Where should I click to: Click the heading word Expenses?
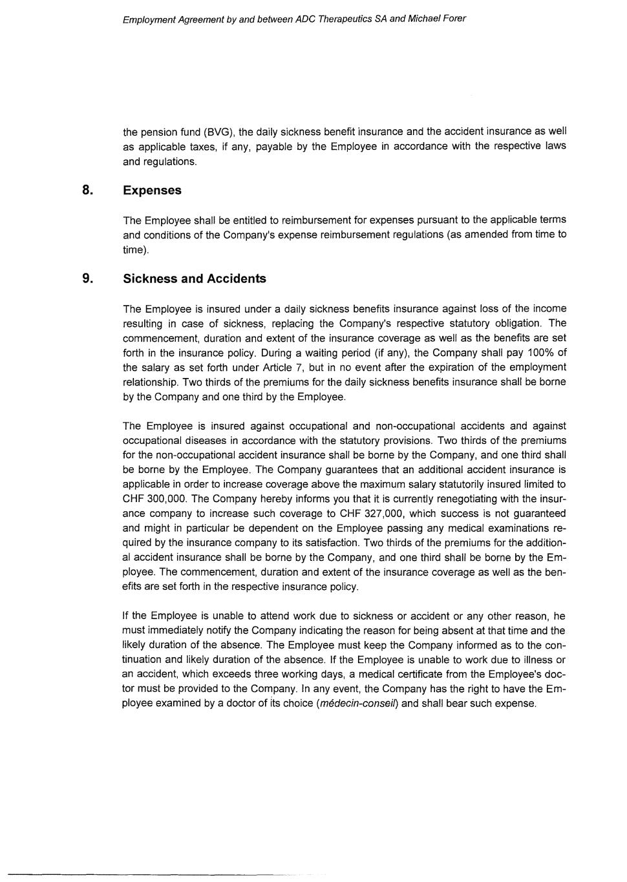click(x=152, y=191)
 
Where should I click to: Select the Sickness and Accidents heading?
click(x=194, y=279)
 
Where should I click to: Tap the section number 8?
click(x=87, y=190)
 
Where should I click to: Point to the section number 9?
click(x=87, y=278)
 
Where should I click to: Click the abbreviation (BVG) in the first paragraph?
click(x=218, y=132)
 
